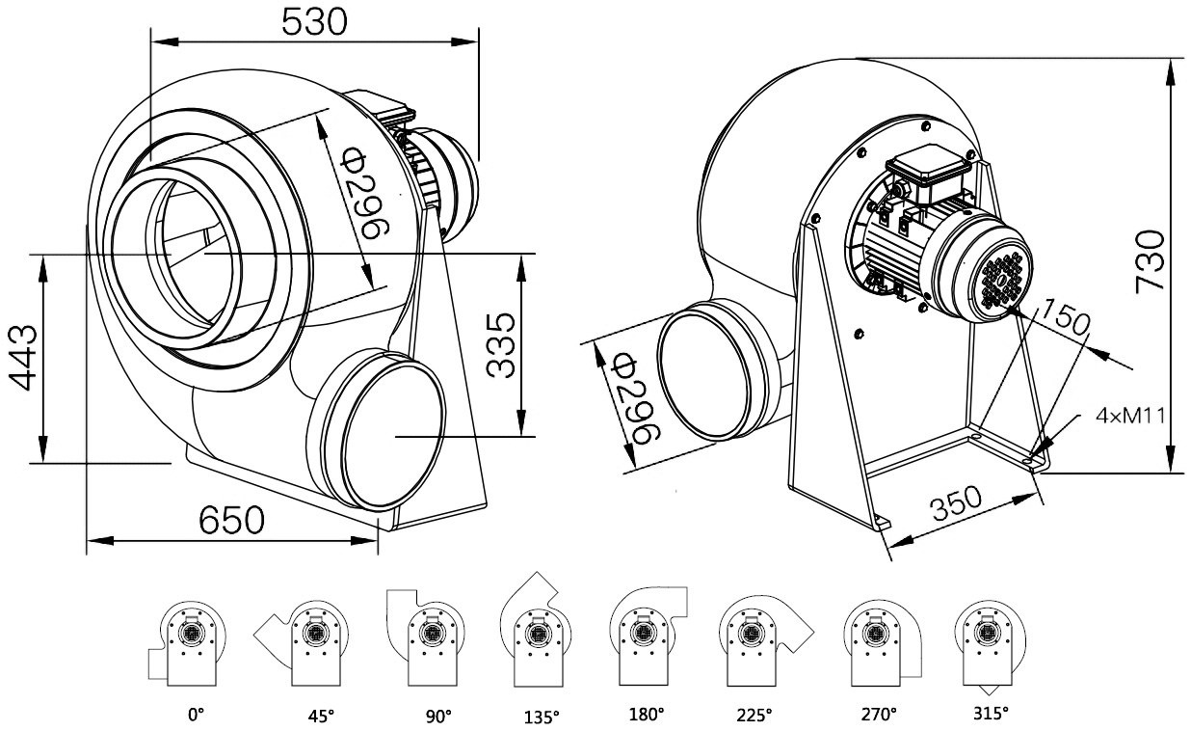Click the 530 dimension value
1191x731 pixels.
(x=313, y=21)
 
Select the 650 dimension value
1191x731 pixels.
(x=231, y=521)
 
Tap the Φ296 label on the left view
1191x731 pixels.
(x=365, y=198)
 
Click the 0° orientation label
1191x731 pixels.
(x=197, y=716)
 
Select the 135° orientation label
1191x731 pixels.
(x=542, y=717)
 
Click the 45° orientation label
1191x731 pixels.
(x=321, y=716)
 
